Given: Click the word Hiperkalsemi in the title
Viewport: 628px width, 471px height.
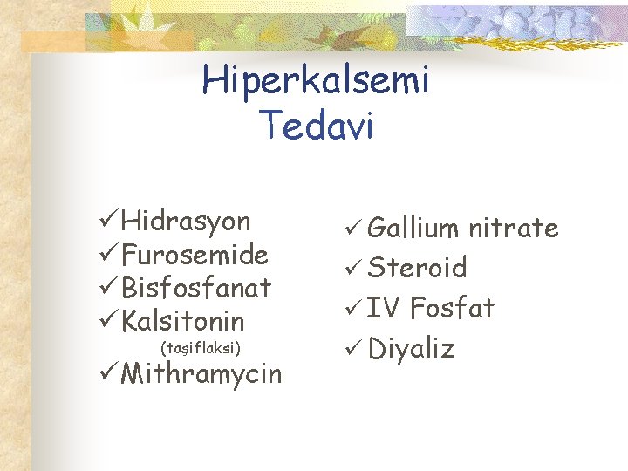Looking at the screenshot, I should point(316,83).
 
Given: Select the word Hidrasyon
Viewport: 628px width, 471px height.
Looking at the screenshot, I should point(186,222).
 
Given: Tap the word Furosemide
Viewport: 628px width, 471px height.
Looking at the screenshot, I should point(195,255).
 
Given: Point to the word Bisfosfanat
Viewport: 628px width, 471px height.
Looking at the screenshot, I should point(196,287).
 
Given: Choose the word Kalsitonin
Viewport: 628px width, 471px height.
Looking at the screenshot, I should point(183,320).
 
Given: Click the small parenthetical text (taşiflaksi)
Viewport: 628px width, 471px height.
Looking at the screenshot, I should point(201,348).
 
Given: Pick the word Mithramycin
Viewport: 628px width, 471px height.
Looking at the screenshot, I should point(201,374).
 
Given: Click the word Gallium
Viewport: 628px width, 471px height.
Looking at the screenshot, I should point(413,229).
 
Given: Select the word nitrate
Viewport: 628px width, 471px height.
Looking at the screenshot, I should point(514,229).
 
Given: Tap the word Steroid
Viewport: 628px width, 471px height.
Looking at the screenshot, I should point(418,268).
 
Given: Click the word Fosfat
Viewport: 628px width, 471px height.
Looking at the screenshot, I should point(452,308).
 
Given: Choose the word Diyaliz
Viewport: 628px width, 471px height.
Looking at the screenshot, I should point(412,349).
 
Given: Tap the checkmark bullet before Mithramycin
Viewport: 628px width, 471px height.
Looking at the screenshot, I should point(108,374).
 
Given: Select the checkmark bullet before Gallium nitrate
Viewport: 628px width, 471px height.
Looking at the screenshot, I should point(352,229).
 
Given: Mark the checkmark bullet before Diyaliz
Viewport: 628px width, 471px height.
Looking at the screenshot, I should point(352,349).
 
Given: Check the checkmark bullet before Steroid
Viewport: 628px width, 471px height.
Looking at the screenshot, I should point(352,269).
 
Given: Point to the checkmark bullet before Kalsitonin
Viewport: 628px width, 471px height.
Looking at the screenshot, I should point(108,320).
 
